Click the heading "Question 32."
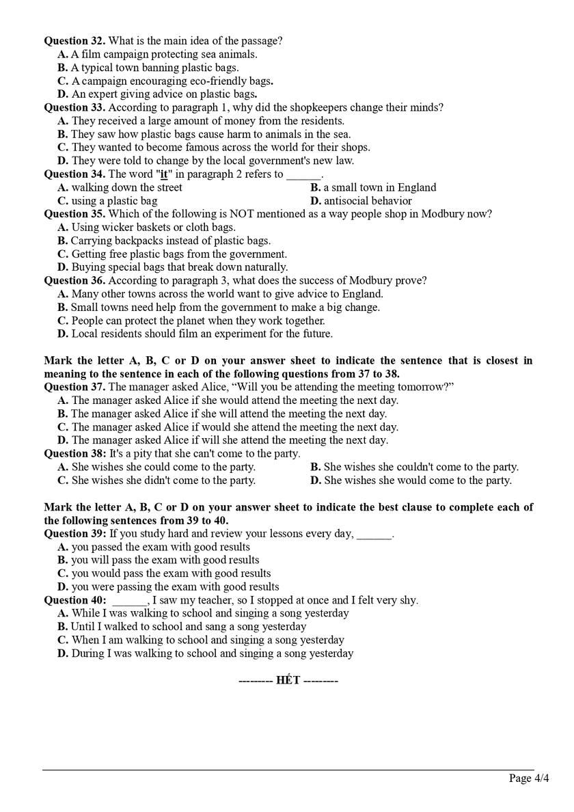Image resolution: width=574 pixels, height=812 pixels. (74, 40)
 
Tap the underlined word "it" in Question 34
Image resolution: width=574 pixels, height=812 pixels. (164, 174)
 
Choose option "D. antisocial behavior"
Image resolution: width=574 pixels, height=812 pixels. (361, 201)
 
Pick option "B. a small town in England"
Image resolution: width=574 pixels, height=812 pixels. (373, 187)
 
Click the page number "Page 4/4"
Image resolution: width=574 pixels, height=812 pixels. (529, 779)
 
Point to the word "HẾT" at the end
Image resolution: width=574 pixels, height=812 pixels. (288, 681)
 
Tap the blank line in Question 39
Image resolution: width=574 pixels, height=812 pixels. (374, 534)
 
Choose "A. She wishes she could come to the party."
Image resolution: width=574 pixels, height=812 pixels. (156, 467)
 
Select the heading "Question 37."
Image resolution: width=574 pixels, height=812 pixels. (74, 387)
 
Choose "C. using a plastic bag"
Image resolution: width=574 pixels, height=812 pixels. (107, 201)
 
